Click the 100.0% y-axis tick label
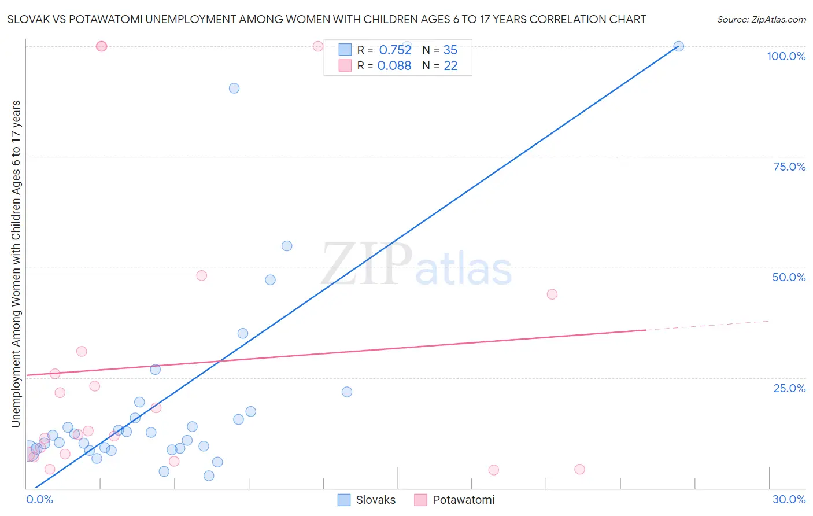[786, 56]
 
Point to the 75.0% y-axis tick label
[789, 167]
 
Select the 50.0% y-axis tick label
[789, 277]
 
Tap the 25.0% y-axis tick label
[789, 388]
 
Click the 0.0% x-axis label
[39, 499]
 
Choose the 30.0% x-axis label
[789, 499]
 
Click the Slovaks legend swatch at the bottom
[344, 500]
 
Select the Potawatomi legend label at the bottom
[463, 500]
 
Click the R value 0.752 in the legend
[395, 50]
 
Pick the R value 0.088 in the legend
[394, 65]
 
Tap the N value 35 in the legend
[450, 50]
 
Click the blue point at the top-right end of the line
[679, 46]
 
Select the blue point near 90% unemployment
[234, 88]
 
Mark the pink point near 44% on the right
[552, 294]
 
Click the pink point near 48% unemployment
[202, 275]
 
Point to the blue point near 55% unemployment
[287, 246]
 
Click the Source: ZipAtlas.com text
[761, 19]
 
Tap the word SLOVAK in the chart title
[27, 19]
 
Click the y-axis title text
[16, 263]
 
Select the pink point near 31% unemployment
[82, 352]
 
